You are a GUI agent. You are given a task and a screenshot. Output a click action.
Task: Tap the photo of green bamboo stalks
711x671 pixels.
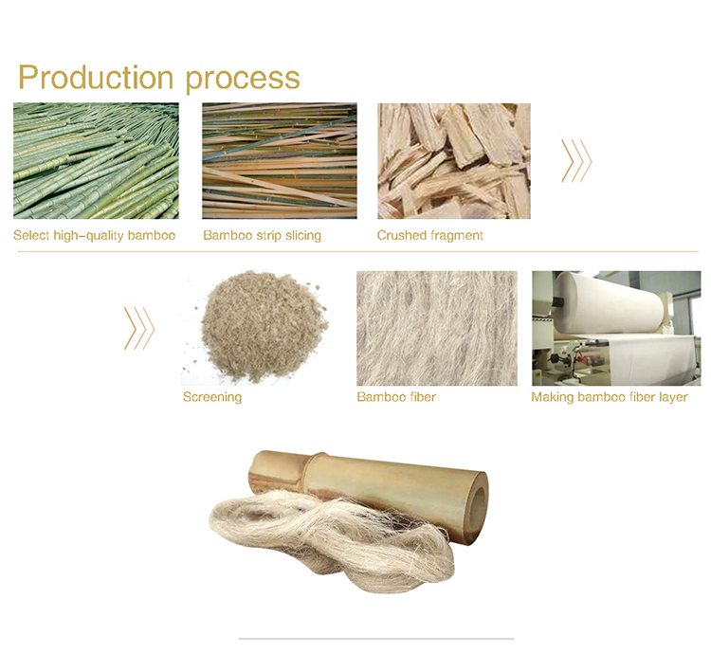click(x=96, y=161)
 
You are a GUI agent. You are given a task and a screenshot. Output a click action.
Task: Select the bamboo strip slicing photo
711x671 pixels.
click(x=280, y=161)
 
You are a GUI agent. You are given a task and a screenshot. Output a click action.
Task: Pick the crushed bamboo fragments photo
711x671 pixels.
click(x=454, y=161)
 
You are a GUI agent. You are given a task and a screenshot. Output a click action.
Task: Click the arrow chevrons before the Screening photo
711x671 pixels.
click(x=138, y=328)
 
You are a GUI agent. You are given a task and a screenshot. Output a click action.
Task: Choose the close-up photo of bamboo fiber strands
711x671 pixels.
click(x=437, y=328)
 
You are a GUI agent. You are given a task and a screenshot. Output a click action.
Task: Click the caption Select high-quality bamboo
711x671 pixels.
click(x=95, y=235)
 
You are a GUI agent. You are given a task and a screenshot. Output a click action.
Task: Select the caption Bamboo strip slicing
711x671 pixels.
click(x=262, y=235)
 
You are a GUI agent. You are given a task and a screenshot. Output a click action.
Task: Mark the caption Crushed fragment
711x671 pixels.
click(x=430, y=235)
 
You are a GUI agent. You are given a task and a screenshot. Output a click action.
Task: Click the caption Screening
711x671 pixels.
click(x=212, y=397)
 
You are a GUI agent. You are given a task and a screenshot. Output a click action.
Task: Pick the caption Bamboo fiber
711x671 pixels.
click(x=396, y=397)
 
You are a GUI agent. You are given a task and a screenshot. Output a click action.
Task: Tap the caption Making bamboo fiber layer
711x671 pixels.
click(x=610, y=397)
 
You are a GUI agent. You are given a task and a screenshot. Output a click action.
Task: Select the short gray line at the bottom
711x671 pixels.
click(x=375, y=639)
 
